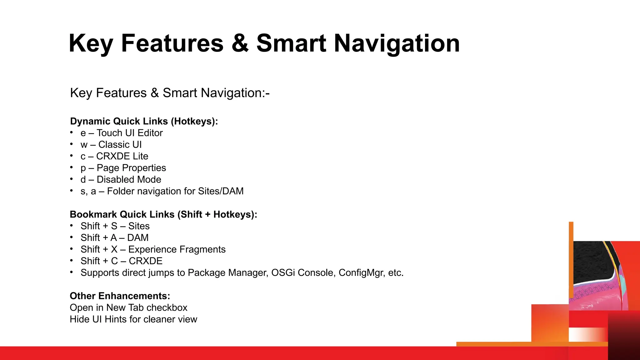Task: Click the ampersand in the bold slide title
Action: [240, 43]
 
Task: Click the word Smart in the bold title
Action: [291, 43]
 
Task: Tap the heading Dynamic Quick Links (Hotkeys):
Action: [144, 121]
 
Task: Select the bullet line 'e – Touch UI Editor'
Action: [122, 133]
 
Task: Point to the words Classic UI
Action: [120, 145]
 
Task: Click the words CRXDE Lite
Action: [122, 156]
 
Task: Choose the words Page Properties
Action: [131, 168]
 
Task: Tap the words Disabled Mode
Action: [129, 180]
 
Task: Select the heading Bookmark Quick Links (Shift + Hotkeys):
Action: [163, 214]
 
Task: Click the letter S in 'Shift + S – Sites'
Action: [114, 226]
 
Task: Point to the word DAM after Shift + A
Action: [138, 238]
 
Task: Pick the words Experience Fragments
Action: [177, 249]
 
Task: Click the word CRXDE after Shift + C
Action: [146, 261]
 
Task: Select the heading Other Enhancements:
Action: [120, 296]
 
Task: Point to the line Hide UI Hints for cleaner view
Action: [133, 319]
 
